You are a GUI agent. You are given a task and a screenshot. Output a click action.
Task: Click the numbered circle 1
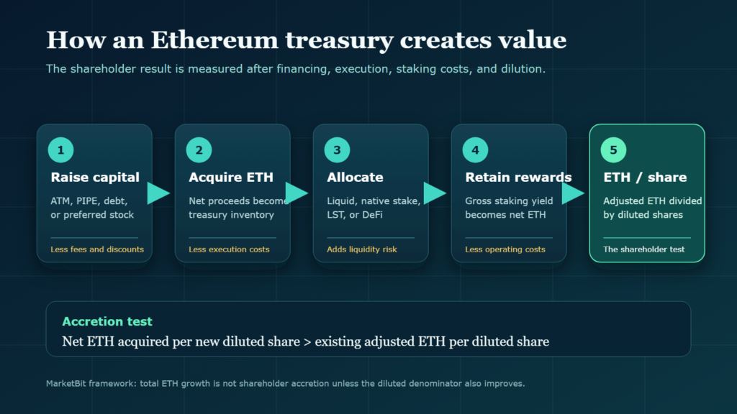pos(60,149)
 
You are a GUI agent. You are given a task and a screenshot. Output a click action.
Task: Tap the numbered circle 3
pos(337,149)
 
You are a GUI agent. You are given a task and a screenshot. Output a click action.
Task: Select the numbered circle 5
pos(613,149)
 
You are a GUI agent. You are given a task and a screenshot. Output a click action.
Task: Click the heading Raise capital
pos(95,177)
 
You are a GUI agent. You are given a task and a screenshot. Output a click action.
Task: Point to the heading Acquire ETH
pos(231,177)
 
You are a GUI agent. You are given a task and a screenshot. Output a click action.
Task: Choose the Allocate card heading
pos(355,177)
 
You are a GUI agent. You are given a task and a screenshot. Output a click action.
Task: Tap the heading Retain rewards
pos(518,177)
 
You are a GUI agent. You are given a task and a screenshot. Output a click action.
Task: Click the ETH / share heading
pos(645,177)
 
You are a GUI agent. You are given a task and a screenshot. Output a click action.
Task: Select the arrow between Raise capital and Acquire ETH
pos(158,193)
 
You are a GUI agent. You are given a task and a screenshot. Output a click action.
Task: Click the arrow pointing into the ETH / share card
pos(573,193)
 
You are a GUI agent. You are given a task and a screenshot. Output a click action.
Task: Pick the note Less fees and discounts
pos(97,249)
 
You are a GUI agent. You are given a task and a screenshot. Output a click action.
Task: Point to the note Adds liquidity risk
pos(362,249)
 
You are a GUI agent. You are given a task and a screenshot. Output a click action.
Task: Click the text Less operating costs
pos(505,249)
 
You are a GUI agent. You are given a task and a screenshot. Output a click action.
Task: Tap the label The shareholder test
pos(644,249)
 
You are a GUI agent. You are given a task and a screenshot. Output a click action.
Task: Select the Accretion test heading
pos(107,321)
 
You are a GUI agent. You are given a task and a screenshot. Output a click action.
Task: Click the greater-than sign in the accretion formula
pos(307,341)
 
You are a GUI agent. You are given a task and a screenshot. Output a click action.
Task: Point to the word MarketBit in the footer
pos(66,384)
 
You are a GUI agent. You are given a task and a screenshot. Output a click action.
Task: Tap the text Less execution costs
pos(229,249)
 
